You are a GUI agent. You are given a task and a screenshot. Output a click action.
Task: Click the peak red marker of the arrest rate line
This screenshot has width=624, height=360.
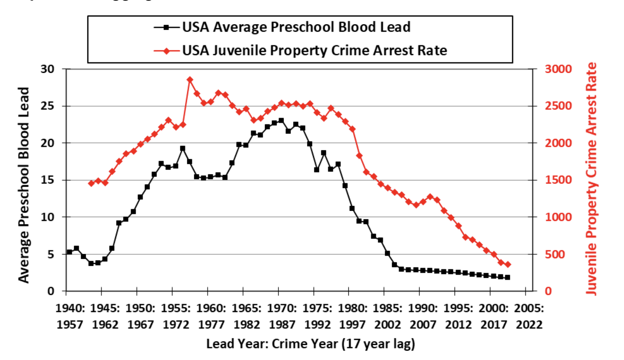coord(190,80)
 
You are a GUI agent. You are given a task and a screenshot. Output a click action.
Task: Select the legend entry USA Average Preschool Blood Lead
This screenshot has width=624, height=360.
coord(296,27)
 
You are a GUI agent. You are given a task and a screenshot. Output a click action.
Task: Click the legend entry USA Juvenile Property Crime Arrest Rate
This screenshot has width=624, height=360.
coord(314,50)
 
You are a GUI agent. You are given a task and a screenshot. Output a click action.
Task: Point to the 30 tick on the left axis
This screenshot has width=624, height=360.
coord(47,69)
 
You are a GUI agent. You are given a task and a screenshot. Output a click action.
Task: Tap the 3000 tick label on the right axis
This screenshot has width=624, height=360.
coord(558,69)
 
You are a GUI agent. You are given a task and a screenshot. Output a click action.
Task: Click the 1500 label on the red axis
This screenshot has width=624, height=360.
coord(558,180)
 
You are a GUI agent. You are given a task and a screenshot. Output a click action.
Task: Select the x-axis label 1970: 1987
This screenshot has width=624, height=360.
coord(282,316)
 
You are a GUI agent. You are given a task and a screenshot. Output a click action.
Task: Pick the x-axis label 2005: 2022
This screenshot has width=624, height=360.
coord(529,316)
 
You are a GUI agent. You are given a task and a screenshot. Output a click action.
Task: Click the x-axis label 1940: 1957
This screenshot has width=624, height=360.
coord(70,316)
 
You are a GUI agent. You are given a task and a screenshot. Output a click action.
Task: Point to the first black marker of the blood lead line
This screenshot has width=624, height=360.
coord(69,252)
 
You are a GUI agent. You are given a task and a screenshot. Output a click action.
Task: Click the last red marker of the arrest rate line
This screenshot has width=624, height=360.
coord(508,264)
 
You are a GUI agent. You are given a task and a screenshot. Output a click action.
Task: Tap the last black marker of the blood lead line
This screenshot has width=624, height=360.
coord(508,278)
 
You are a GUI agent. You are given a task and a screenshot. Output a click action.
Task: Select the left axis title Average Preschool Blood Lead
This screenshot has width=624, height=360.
coord(24,185)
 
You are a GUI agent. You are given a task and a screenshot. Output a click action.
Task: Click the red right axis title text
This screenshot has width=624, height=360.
coord(591,179)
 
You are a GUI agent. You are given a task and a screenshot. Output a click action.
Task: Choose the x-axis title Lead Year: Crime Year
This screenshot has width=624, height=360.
coord(310,344)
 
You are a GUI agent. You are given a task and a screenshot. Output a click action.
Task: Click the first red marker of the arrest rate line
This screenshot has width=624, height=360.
coord(91,183)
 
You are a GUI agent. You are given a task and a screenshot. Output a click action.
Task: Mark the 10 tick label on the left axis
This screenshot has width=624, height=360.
coord(47,217)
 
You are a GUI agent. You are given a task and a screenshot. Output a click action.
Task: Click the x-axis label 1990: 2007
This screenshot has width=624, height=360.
coord(423,316)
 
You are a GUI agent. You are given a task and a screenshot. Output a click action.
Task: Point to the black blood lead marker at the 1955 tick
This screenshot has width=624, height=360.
coord(175,166)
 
